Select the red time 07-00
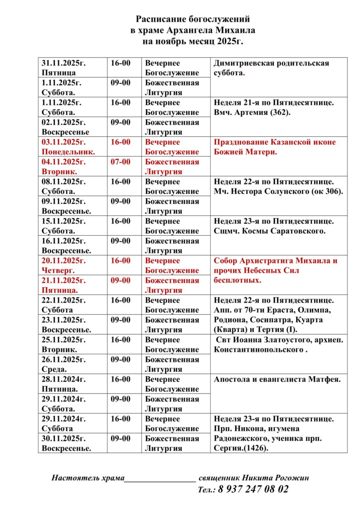120,162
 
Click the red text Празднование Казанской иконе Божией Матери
274,147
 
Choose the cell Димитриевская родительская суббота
271,68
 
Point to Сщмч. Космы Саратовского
270,231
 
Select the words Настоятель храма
88,478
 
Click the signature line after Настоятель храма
159,480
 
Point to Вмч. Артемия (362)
252,112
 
